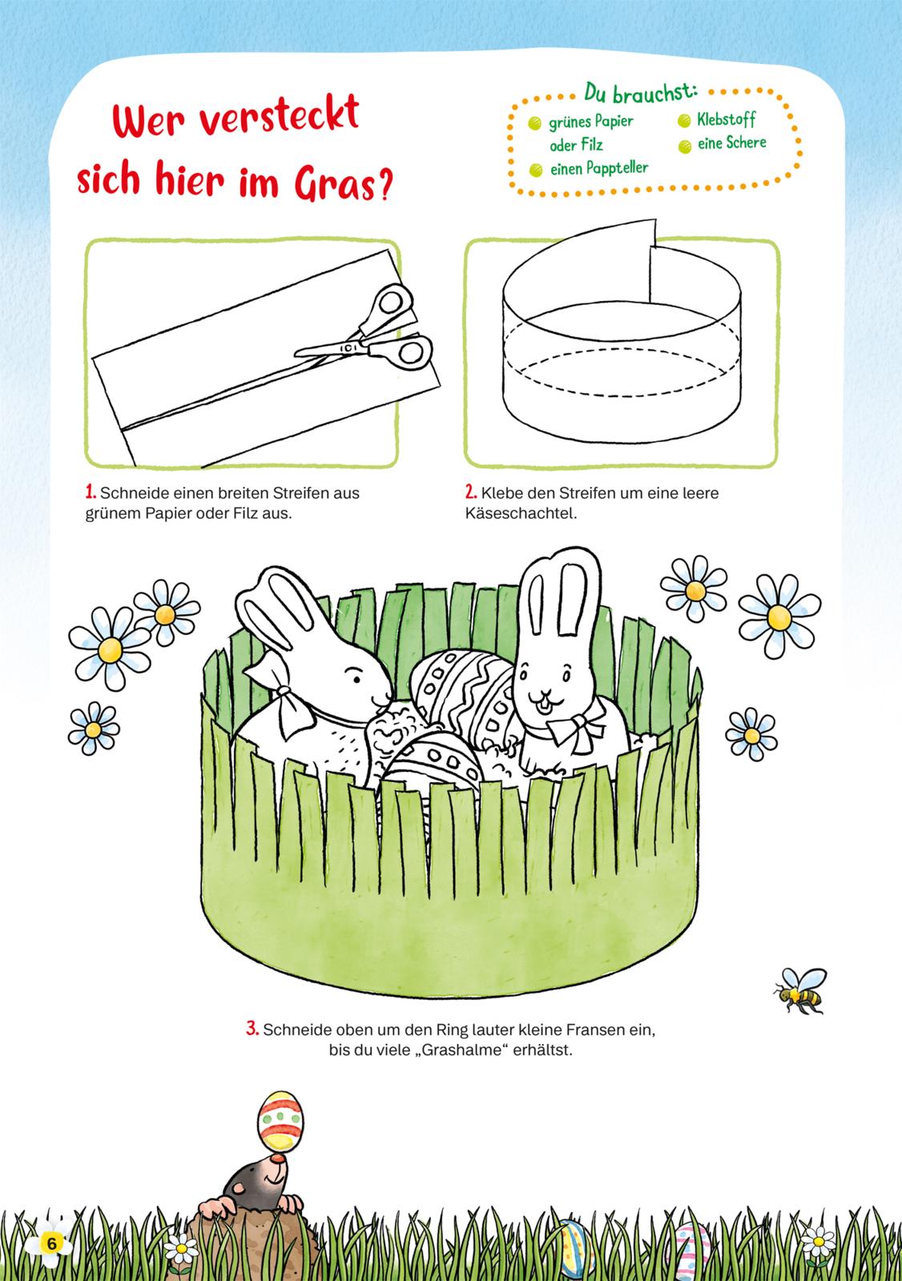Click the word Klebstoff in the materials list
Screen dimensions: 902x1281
pyautogui.click(x=726, y=119)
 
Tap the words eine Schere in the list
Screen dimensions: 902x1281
pyautogui.click(x=731, y=143)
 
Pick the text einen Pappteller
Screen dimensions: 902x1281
pyautogui.click(x=599, y=169)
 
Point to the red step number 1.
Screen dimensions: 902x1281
pyautogui.click(x=90, y=492)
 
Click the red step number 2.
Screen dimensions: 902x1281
pyautogui.click(x=470, y=492)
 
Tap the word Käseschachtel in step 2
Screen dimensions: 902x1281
pyautogui.click(x=521, y=513)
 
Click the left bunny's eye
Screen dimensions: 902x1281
pyautogui.click(x=356, y=679)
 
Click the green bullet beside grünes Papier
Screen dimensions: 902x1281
pyautogui.click(x=534, y=123)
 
